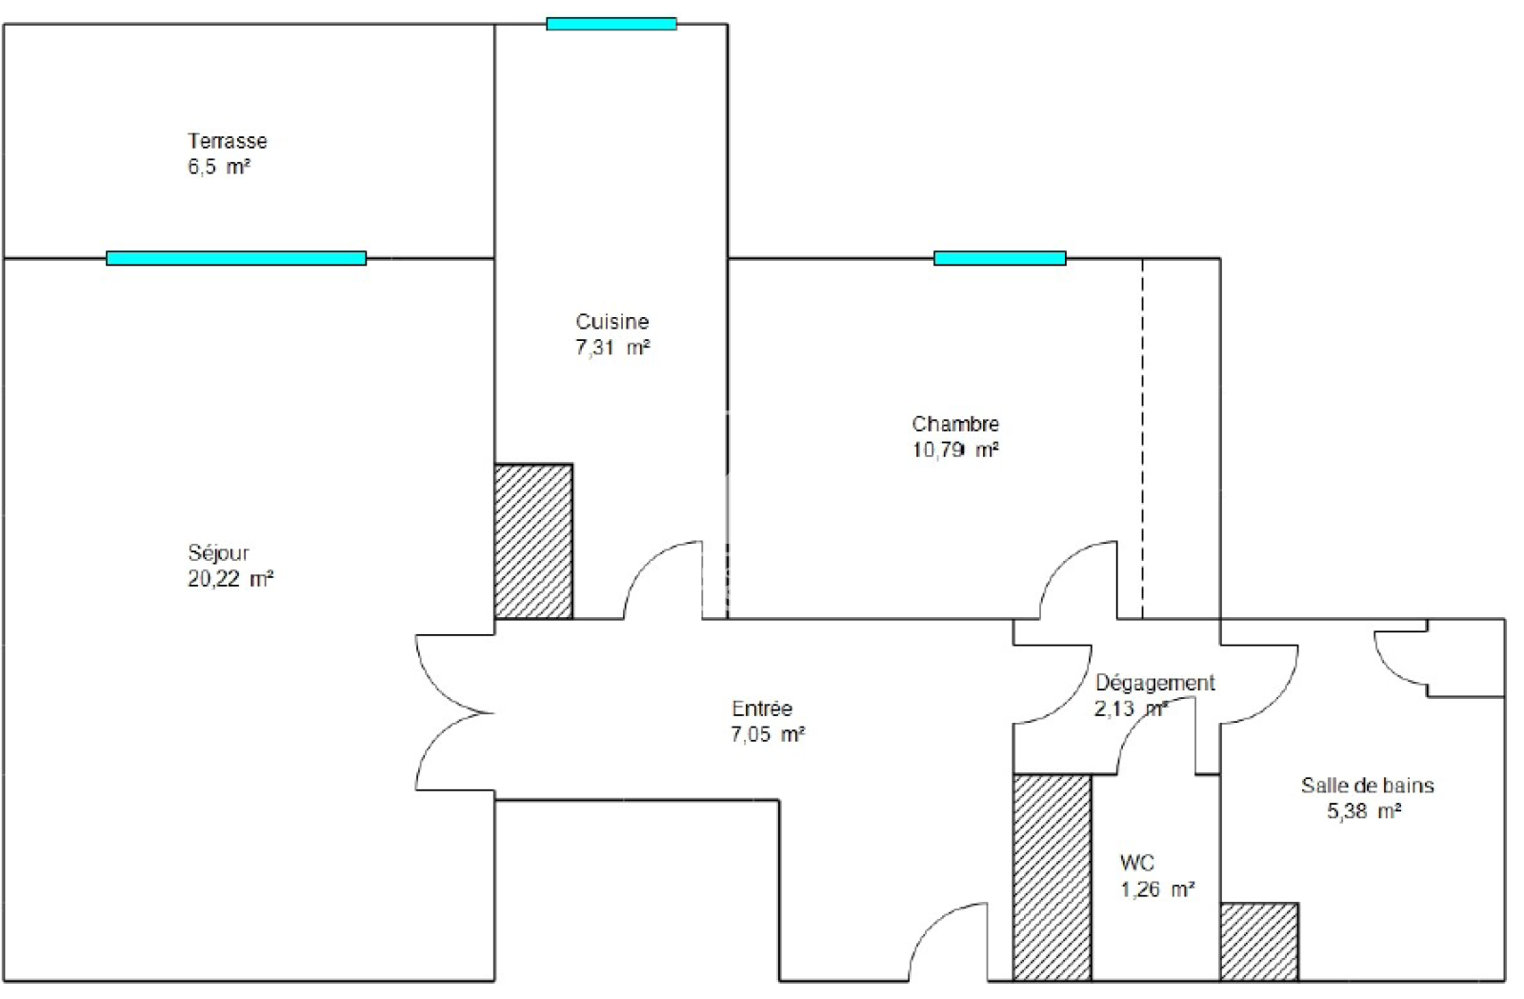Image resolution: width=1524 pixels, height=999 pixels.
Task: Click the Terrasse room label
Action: pos(227,141)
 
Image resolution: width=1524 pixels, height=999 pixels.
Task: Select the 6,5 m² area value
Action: pos(218,167)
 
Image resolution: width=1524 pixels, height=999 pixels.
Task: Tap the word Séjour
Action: pos(218,552)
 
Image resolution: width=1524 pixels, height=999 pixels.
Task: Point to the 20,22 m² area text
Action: pos(231,578)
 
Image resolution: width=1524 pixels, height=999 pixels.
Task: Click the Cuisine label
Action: pos(612,322)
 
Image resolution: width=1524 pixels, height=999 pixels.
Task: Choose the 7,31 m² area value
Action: pos(612,348)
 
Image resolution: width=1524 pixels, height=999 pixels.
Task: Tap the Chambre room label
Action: pos(955,424)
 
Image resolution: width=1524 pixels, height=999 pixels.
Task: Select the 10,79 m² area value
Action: pos(955,450)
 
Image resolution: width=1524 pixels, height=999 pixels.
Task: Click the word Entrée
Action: pos(762,709)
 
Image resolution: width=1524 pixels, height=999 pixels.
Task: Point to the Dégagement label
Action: pos(1154,683)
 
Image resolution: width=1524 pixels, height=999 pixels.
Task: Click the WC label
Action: pos(1137,863)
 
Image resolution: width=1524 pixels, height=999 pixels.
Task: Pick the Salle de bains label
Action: pos(1367,786)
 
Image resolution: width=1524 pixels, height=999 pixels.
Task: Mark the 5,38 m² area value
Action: pos(1364,811)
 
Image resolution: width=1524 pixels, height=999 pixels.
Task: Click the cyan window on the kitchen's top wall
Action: pos(612,24)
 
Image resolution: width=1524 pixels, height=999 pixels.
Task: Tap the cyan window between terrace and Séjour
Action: pos(236,258)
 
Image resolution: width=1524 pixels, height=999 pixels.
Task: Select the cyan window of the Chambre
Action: pos(999,258)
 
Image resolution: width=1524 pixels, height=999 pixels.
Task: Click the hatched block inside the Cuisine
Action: pos(533,541)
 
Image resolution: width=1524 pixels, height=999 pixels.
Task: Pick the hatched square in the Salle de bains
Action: pos(1259,941)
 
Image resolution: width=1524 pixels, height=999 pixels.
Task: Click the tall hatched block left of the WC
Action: pos(1052,877)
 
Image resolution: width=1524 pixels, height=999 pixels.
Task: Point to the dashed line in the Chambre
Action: pos(1143,438)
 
